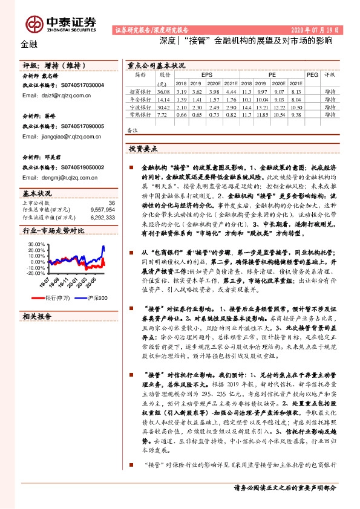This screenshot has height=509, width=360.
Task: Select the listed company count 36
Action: point(111,203)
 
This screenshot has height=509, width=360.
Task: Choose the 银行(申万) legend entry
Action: point(57,297)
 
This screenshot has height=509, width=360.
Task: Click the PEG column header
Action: point(312,75)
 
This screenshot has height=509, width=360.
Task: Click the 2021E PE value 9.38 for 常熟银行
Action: point(296,114)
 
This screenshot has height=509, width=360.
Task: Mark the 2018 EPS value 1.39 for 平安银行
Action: point(181,99)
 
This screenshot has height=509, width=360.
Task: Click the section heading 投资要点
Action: point(143,148)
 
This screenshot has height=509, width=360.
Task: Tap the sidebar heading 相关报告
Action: point(36,316)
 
